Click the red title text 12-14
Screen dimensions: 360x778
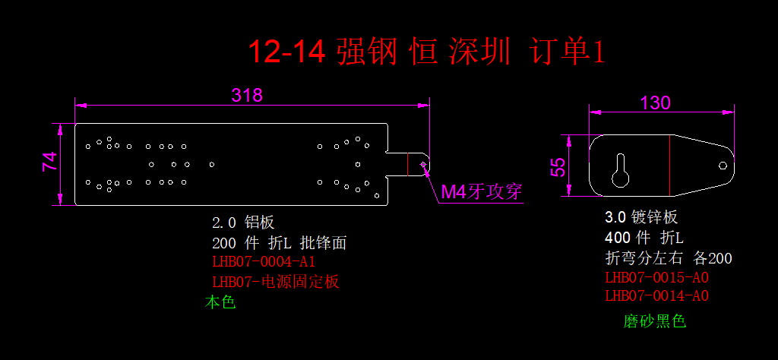[x=286, y=52]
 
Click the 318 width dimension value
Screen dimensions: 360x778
[x=247, y=95]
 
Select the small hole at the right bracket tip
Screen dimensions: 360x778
[x=723, y=165]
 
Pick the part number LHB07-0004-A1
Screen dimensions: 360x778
[x=263, y=262]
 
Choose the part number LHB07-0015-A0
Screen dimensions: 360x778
[x=656, y=277]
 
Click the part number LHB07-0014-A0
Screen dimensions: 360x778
[x=656, y=295]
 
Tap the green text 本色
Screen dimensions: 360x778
[x=220, y=302]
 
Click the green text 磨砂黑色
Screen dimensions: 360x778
[x=654, y=321]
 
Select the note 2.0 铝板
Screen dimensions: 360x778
[x=243, y=223]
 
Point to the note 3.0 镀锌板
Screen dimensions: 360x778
[x=640, y=216]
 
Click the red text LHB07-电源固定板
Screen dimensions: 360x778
[x=275, y=282]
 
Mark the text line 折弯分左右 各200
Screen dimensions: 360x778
[x=668, y=258]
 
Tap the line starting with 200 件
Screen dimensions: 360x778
[x=280, y=243]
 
